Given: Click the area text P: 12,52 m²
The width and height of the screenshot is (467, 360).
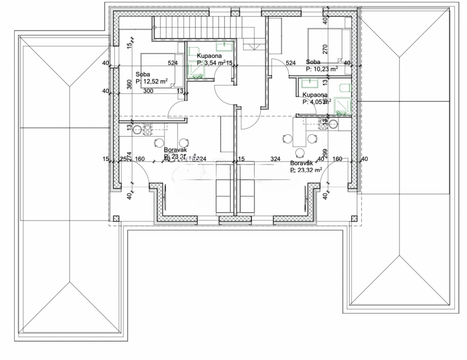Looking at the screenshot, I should (x=152, y=81).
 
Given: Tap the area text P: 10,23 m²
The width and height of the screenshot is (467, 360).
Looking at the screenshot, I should (x=322, y=69).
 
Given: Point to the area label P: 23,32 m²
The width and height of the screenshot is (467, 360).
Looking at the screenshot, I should (x=306, y=170).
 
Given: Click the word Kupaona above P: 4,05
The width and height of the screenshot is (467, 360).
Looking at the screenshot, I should (x=315, y=95).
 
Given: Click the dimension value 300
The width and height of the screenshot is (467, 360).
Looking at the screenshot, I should (x=148, y=91).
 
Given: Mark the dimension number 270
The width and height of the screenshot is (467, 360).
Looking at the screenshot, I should (x=325, y=49).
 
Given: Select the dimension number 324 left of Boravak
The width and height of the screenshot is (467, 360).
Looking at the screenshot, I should (x=275, y=159).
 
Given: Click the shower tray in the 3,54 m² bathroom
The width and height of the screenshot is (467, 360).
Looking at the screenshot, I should (x=196, y=72).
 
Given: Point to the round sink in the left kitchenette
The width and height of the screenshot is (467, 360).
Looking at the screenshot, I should (x=137, y=129).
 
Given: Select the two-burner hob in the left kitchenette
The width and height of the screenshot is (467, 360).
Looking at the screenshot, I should (x=147, y=129).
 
